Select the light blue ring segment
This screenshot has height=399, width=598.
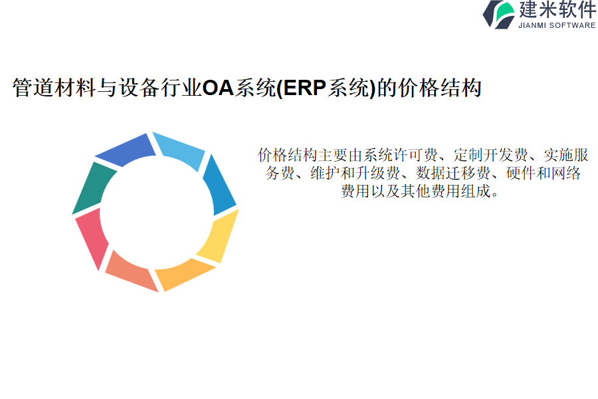point(180,150)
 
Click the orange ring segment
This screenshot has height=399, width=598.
point(183,274)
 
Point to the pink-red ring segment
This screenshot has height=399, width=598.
point(92,237)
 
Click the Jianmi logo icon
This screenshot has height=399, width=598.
point(498,15)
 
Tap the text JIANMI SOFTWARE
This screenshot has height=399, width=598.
point(557,25)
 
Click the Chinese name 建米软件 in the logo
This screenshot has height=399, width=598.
point(557,9)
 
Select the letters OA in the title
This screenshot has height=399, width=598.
point(218,88)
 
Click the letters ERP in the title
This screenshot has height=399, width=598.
point(305,88)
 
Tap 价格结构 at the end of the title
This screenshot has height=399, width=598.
point(440,88)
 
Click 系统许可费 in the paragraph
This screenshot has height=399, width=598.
point(401,155)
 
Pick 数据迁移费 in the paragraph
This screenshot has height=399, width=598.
point(453,173)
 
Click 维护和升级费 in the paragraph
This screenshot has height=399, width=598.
point(355,173)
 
